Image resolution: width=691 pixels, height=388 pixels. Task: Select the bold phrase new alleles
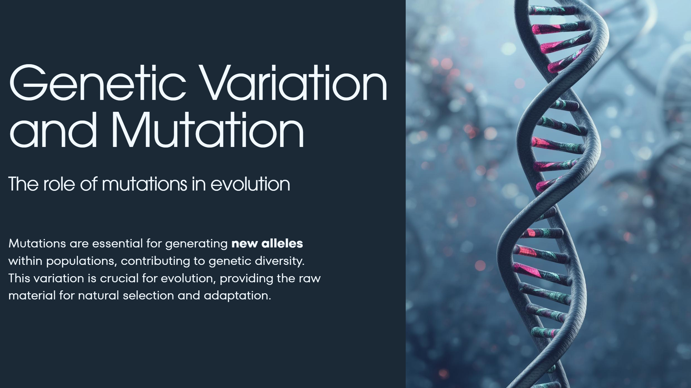pos(267,243)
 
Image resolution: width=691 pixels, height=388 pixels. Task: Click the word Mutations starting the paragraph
pos(37,243)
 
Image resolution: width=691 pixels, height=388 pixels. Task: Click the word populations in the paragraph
pos(81,261)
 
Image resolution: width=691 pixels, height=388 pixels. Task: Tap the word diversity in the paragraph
pos(279,261)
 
